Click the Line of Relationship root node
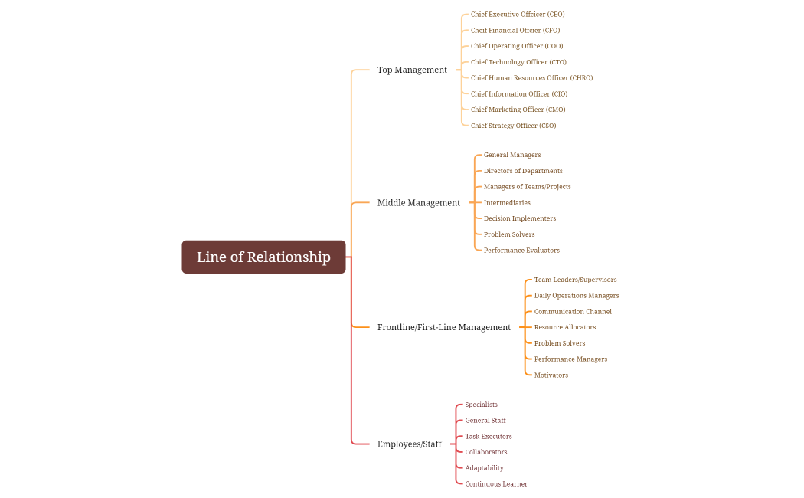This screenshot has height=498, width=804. pyautogui.click(x=263, y=257)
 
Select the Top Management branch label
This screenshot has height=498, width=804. pyautogui.click(x=412, y=70)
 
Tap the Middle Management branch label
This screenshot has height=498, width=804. pyautogui.click(x=418, y=203)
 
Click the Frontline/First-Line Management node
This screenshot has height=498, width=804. pyautogui.click(x=443, y=327)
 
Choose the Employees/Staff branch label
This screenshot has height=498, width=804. pyautogui.click(x=409, y=444)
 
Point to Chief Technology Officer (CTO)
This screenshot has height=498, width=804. pyautogui.click(x=518, y=62)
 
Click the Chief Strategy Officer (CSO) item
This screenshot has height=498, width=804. pyautogui.click(x=513, y=126)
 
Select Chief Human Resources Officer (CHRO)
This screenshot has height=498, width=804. pyautogui.click(x=531, y=78)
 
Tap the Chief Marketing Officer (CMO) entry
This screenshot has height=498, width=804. pyautogui.click(x=518, y=110)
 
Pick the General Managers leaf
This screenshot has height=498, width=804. pyautogui.click(x=511, y=155)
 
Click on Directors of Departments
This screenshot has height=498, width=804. pyautogui.click(x=523, y=171)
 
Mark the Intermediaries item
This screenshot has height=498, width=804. pyautogui.click(x=507, y=203)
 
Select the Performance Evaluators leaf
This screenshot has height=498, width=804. pyautogui.click(x=521, y=251)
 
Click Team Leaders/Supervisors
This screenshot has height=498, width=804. pyautogui.click(x=575, y=280)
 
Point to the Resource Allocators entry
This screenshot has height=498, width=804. pyautogui.click(x=564, y=327)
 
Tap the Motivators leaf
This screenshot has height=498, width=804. pyautogui.click(x=551, y=375)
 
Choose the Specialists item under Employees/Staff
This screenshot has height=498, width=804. pyautogui.click(x=481, y=405)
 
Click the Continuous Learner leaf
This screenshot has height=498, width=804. pyautogui.click(x=496, y=484)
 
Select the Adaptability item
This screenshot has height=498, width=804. pyautogui.click(x=484, y=468)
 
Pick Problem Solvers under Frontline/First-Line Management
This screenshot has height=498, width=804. pyautogui.click(x=559, y=343)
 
